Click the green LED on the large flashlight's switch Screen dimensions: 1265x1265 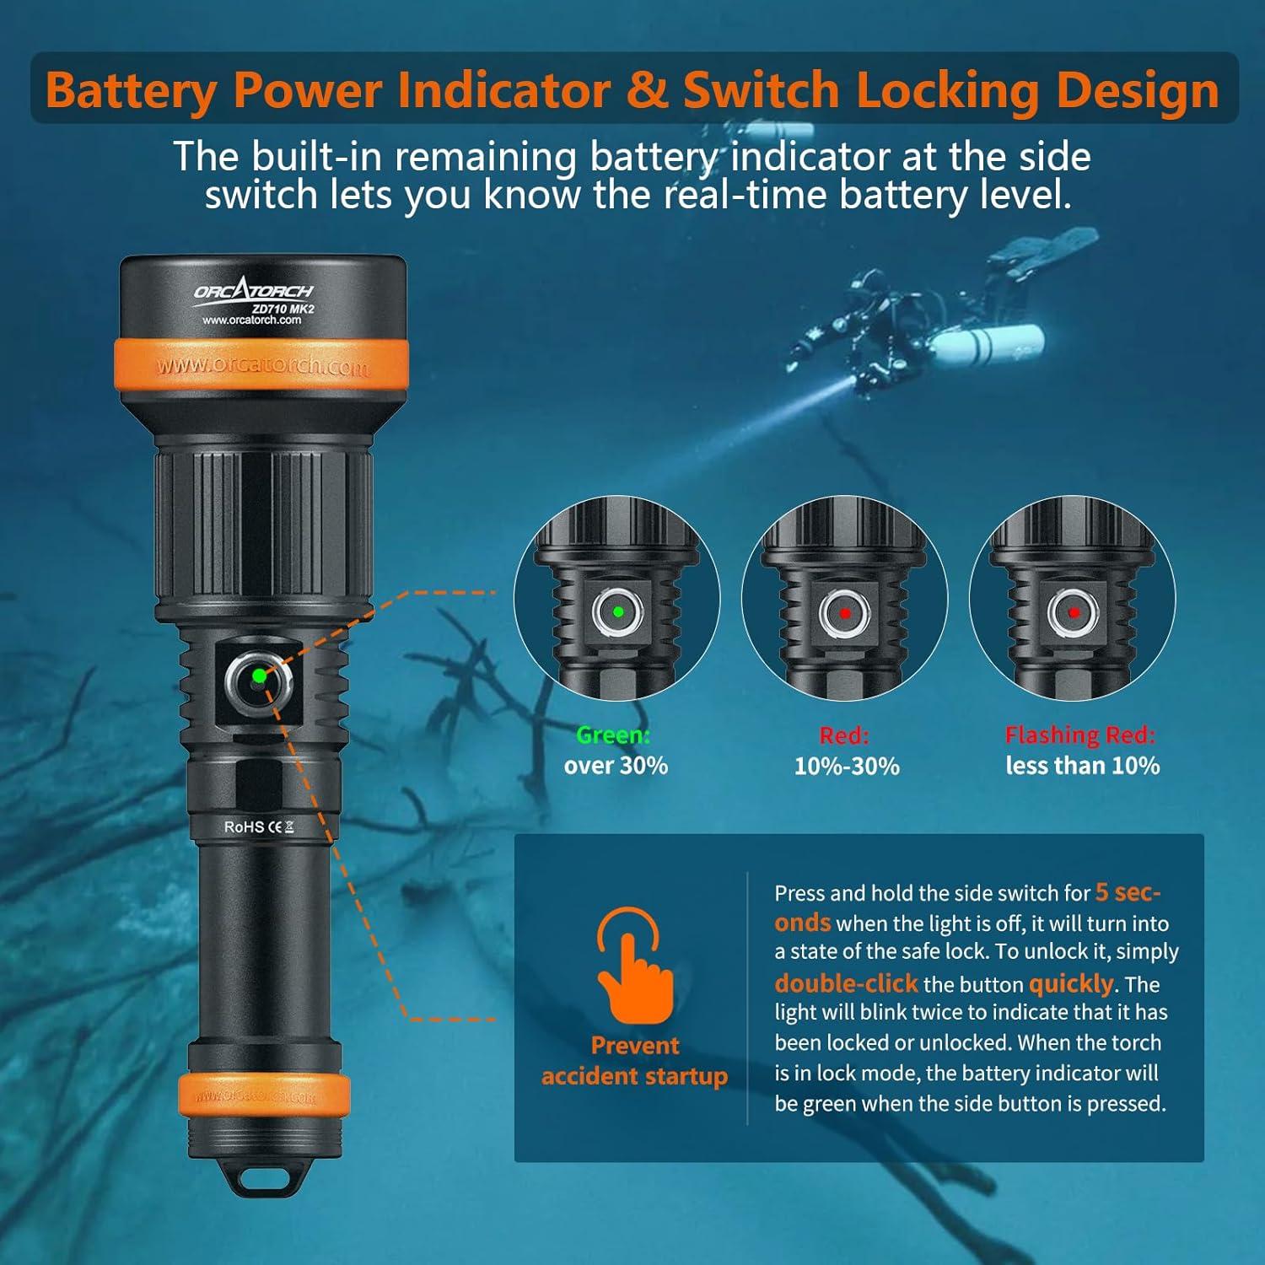[259, 676]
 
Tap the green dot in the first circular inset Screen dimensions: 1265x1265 [618, 611]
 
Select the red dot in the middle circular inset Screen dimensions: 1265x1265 [845, 613]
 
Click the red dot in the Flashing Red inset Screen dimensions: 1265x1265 [1074, 612]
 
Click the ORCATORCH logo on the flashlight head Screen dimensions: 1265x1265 [253, 291]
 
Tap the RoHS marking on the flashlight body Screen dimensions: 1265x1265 [244, 826]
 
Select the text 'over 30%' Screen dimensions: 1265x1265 [616, 766]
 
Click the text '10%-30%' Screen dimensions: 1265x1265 [846, 766]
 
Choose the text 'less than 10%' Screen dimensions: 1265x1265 [1082, 766]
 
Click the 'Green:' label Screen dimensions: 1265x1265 [613, 735]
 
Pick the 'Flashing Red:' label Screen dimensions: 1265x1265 [1079, 735]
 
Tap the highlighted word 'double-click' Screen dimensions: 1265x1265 [846, 983]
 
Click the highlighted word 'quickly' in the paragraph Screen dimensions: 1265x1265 [1071, 983]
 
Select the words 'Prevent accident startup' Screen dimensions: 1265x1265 [634, 1061]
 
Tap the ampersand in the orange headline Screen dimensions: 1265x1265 [647, 91]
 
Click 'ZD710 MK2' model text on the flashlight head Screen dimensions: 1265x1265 [283, 309]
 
